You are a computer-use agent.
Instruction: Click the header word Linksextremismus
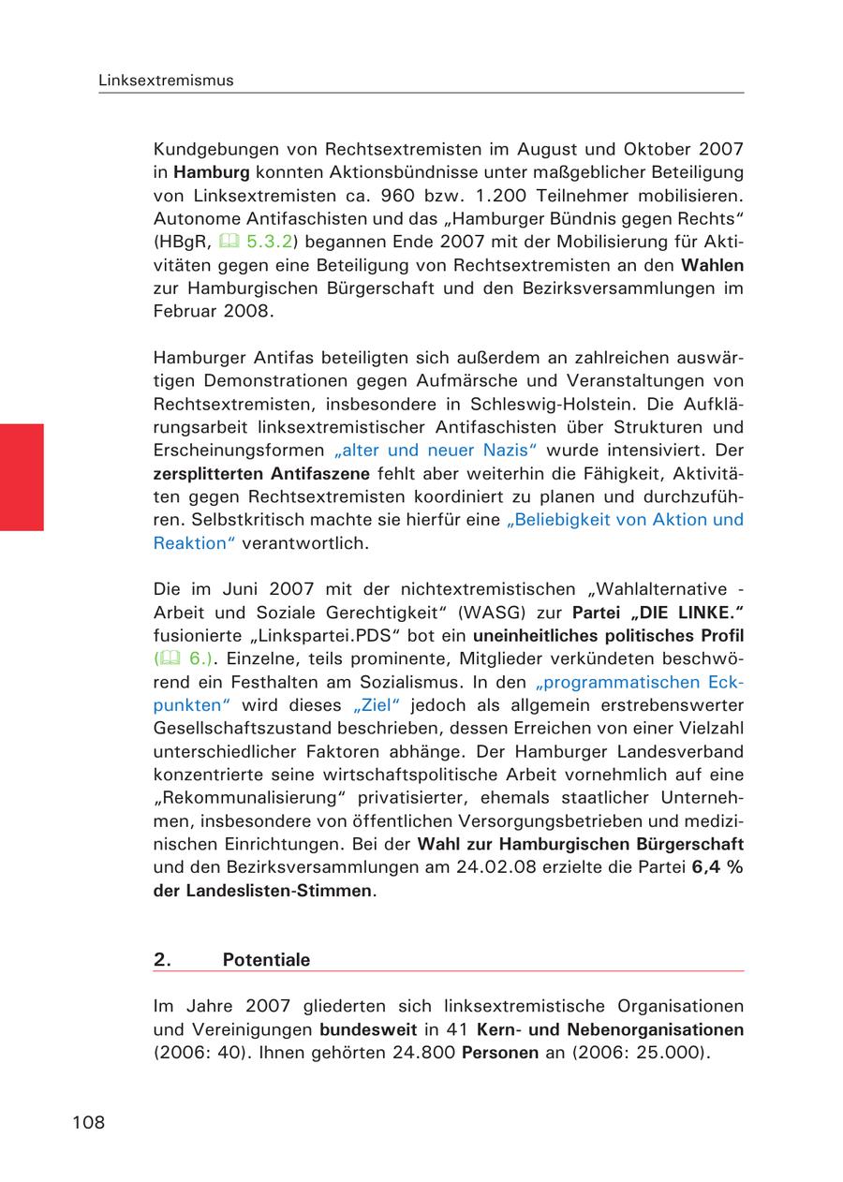coord(166,81)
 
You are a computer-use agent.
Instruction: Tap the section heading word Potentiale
coord(266,960)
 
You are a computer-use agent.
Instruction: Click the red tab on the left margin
coord(22,477)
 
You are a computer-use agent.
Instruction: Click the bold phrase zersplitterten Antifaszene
coord(261,472)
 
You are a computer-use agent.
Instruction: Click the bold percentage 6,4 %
coord(717,867)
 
